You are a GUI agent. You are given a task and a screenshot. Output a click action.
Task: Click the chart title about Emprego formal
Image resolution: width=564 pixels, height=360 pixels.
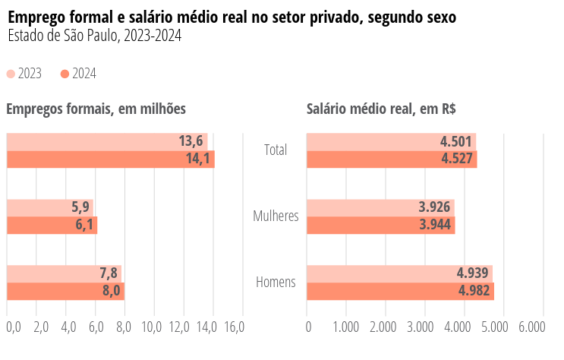(232, 17)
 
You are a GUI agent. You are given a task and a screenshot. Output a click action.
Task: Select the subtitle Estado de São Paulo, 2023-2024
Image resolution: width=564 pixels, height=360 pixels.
(94, 36)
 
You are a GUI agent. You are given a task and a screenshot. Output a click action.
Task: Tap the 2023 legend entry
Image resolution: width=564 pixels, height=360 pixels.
(24, 74)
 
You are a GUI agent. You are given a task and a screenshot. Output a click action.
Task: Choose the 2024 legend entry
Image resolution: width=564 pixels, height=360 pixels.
(78, 74)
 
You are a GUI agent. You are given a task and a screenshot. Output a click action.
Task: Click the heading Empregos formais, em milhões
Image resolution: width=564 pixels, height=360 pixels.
(96, 109)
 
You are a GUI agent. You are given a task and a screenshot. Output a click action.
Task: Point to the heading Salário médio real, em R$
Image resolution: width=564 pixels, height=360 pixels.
(381, 109)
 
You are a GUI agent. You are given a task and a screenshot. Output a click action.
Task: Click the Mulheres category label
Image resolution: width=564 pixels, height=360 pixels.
(276, 216)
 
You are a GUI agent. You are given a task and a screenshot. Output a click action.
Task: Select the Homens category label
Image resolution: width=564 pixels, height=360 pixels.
(276, 283)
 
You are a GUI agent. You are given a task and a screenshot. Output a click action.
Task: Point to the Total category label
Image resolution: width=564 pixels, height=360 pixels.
(276, 150)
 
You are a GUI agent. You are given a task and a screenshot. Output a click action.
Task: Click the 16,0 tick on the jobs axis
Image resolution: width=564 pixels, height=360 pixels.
(235, 327)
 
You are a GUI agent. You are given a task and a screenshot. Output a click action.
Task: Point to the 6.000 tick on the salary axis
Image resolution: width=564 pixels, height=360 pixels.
(531, 327)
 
